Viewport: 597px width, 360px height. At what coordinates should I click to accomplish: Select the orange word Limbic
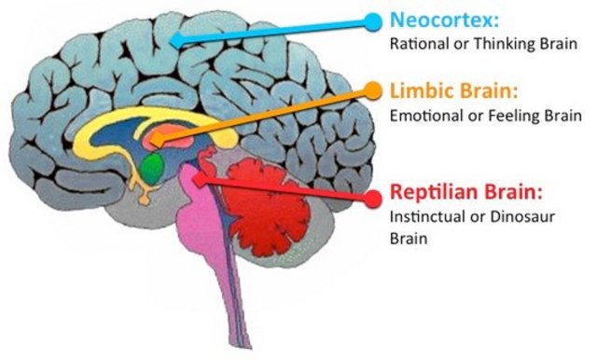pos(420,91)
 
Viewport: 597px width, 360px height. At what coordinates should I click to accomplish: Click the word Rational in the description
pos(418,43)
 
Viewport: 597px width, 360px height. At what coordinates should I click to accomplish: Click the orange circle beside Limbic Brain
pos(372,91)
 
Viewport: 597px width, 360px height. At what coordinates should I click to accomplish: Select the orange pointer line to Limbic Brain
pos(271,115)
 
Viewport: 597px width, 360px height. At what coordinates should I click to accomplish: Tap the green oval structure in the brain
pos(149,168)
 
